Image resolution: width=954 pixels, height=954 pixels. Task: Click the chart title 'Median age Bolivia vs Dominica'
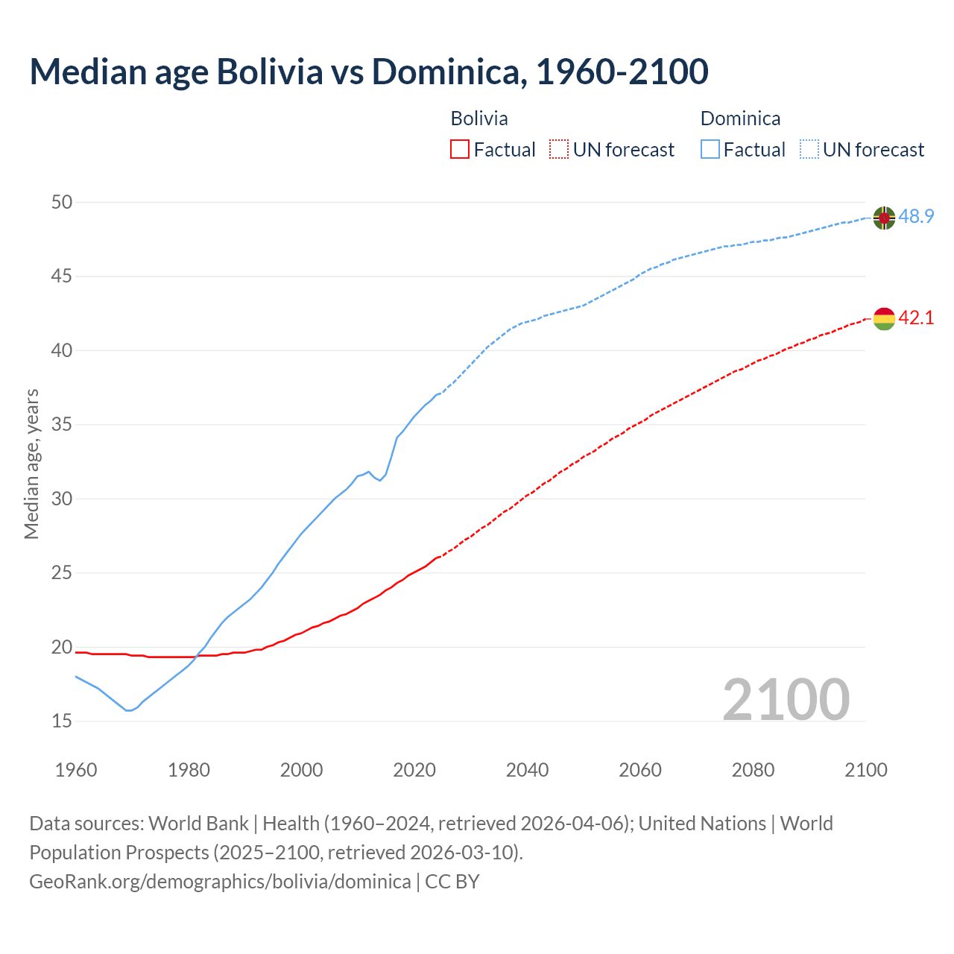368,72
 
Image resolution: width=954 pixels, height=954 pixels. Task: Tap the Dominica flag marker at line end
884,218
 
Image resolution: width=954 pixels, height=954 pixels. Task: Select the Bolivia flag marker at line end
884,318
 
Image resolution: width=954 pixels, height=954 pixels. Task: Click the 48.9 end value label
916,217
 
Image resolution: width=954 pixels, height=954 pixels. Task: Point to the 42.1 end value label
916,318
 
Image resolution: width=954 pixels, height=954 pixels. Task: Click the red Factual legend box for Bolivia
460,150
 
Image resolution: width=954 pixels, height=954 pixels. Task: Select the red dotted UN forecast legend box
559,150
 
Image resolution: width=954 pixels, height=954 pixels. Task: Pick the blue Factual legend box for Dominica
710,150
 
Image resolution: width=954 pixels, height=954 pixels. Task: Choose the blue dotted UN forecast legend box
809,150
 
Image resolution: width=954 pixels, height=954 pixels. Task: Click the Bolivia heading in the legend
479,119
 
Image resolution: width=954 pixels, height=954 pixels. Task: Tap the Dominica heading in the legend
740,119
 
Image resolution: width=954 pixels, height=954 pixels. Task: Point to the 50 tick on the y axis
62,202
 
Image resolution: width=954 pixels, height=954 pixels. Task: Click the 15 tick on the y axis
62,721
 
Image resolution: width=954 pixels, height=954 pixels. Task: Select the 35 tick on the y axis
62,425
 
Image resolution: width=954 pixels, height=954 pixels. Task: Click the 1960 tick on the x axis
76,770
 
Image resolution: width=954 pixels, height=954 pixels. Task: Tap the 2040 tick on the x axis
527,770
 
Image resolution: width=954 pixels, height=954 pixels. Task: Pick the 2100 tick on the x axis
865,770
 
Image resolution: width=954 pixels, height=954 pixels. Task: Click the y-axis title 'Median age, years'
31,464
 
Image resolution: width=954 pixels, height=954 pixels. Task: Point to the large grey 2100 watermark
786,699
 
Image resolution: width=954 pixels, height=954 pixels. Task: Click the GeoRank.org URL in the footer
220,882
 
